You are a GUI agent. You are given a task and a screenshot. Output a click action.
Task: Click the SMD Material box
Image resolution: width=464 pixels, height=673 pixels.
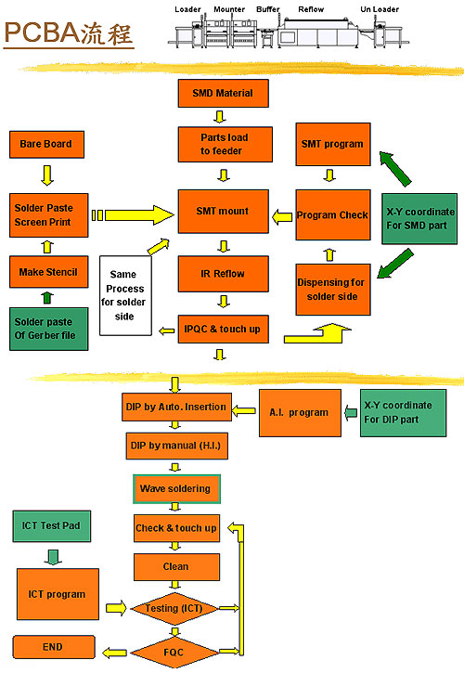(x=224, y=93)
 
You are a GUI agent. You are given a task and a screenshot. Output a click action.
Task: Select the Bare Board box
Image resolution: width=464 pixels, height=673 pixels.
(x=46, y=144)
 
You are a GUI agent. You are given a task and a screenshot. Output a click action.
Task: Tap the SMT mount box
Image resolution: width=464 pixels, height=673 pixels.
(x=224, y=211)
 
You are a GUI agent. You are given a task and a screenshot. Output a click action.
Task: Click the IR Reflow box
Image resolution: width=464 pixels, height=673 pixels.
(x=224, y=274)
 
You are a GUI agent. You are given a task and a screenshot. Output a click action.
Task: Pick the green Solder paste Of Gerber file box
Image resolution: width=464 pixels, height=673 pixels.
(x=49, y=329)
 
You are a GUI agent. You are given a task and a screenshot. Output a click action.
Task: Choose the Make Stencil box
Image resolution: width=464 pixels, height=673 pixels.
(x=49, y=272)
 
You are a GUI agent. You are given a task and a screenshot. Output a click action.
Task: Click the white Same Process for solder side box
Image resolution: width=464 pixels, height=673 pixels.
(x=125, y=296)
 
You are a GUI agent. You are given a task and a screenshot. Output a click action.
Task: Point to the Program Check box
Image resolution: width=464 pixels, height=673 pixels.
(x=333, y=214)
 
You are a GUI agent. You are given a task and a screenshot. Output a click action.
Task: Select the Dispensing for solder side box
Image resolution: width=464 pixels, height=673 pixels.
(x=333, y=290)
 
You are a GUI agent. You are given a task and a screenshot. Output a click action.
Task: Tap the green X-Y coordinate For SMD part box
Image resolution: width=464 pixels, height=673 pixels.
(x=419, y=219)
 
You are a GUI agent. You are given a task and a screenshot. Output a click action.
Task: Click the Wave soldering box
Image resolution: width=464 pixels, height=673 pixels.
(x=176, y=489)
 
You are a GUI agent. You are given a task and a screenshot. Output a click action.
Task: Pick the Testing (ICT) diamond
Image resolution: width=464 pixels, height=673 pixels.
(x=174, y=609)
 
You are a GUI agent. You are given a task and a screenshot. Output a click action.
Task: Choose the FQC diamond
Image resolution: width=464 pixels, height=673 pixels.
(x=174, y=653)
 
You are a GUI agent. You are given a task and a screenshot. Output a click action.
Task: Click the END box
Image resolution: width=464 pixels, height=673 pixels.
(x=54, y=647)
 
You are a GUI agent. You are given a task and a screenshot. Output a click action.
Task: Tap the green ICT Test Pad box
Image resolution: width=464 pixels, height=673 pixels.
(x=52, y=525)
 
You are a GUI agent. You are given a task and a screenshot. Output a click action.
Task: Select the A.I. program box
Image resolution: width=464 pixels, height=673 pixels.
(x=300, y=413)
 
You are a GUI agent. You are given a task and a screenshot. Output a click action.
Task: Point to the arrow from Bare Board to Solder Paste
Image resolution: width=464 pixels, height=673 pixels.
(x=47, y=175)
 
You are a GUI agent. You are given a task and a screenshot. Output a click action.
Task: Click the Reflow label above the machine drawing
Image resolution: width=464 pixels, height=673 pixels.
(x=311, y=9)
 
